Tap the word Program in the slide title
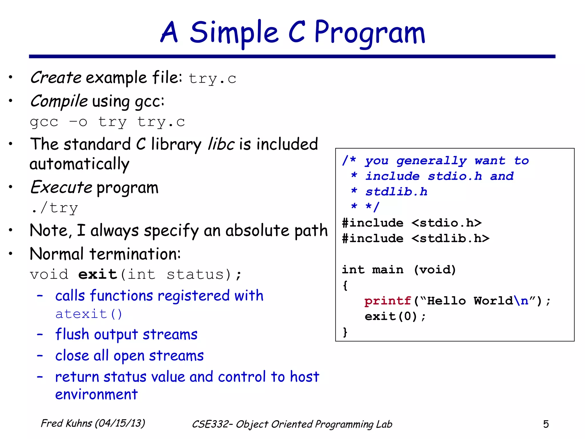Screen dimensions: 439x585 [370, 33]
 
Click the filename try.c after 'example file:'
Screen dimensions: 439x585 [212, 79]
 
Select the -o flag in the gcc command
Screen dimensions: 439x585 [78, 122]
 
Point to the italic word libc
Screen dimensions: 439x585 [221, 144]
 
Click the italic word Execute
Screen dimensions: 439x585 [61, 187]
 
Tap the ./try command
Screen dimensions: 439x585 [54, 208]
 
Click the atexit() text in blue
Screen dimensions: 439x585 [89, 314]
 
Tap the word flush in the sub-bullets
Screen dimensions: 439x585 [72, 334]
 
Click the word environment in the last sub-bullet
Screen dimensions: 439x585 [96, 394]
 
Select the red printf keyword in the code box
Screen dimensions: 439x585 [388, 301]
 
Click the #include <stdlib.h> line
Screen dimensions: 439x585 [416, 238]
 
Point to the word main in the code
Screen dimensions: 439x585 [388, 270]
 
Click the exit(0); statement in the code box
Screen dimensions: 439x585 [395, 316]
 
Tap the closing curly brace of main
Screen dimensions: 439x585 [345, 332]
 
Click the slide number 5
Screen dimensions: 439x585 [546, 424]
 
